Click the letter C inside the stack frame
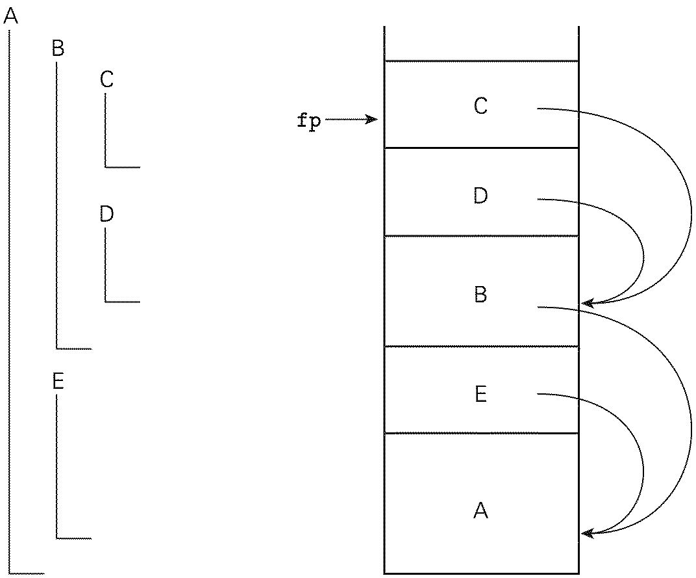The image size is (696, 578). coord(480,106)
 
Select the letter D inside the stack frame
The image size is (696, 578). coord(480,196)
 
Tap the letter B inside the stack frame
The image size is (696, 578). coord(480,295)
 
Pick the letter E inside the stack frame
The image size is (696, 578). coord(480,394)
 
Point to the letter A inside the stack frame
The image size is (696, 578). coord(480,511)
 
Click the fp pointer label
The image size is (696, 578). coord(309,121)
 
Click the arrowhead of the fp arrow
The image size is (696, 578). coord(374,120)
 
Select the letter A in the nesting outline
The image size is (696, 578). coord(10,17)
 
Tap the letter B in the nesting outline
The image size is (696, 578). coord(58,48)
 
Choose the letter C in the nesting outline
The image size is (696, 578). coord(107,80)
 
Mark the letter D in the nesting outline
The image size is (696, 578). coord(107,214)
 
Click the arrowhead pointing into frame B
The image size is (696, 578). coord(586,302)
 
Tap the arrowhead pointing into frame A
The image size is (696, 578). coord(586,534)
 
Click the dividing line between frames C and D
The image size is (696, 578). coord(480,148)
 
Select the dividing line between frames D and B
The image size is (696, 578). coord(480,235)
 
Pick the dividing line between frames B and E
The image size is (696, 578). coord(480,346)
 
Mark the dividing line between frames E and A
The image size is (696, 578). coord(480,433)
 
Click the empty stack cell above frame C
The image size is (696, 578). coord(480,43)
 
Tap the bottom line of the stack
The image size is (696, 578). coord(480,573)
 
